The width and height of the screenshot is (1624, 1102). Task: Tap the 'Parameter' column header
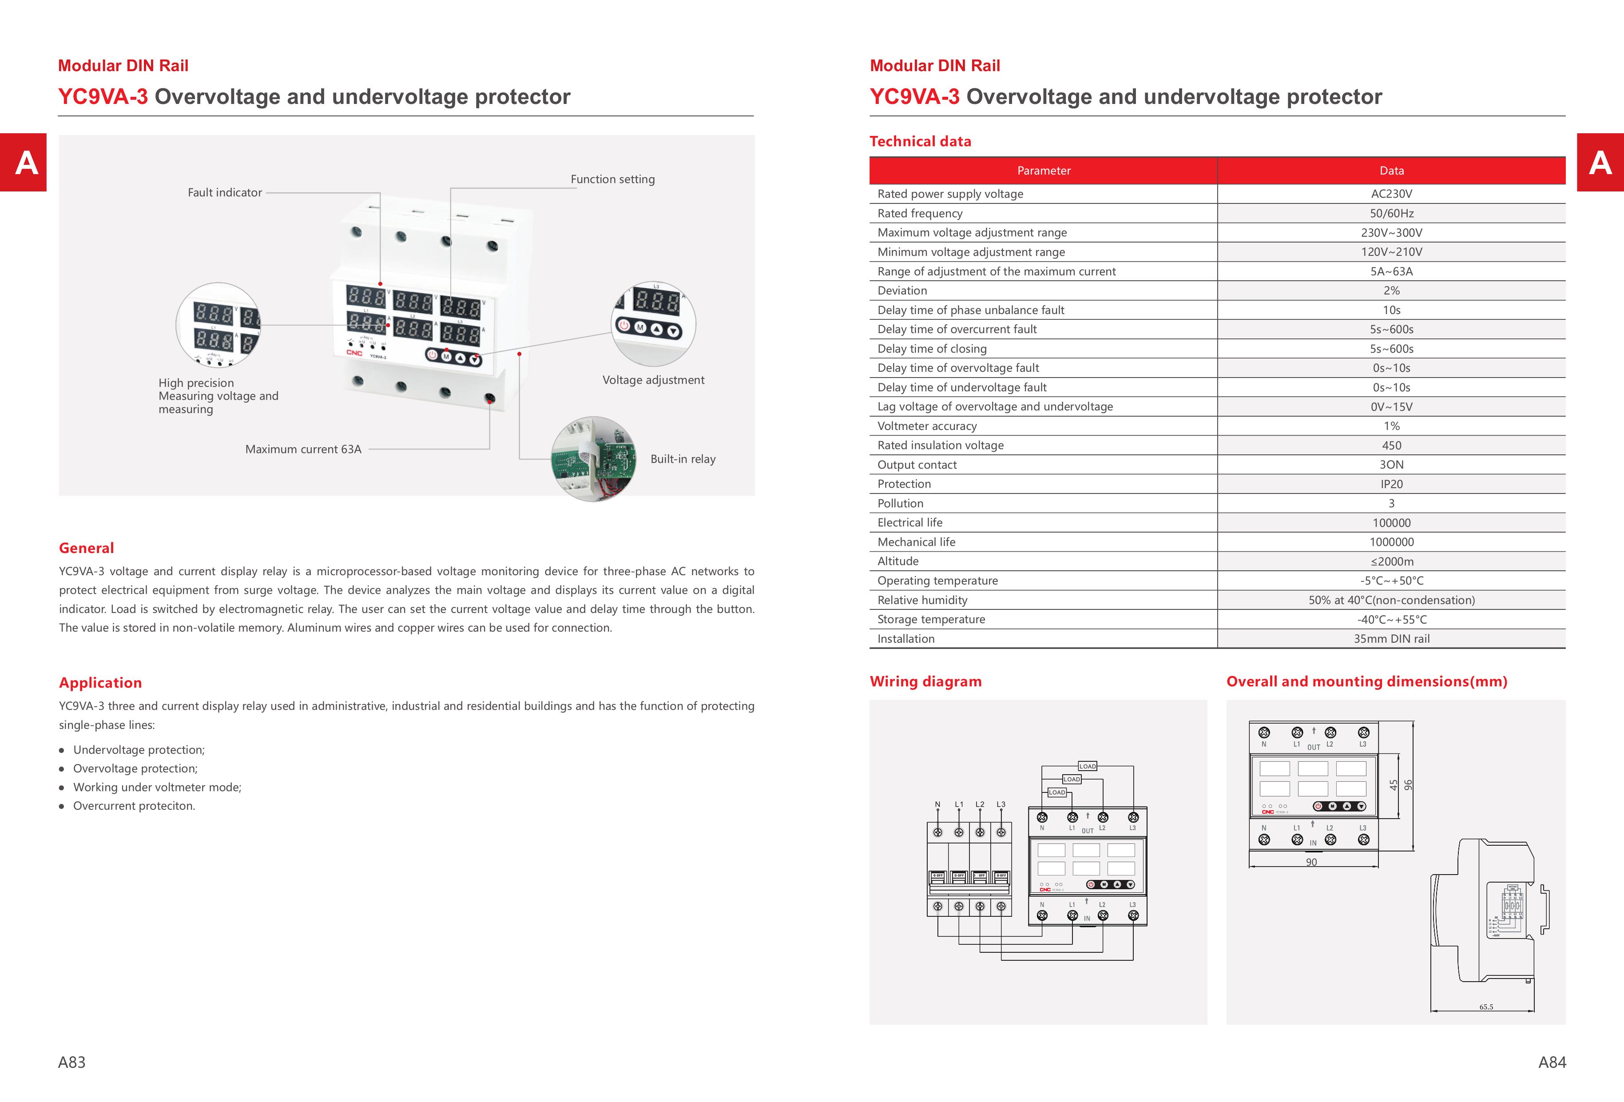(x=1043, y=171)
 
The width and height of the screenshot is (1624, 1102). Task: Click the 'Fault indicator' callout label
(x=224, y=193)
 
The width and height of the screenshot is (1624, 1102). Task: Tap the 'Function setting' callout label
(x=612, y=179)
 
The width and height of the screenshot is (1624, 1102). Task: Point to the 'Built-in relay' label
(x=682, y=459)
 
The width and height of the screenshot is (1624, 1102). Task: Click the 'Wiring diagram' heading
(x=925, y=682)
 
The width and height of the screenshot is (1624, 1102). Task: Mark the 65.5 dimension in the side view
(x=1485, y=1007)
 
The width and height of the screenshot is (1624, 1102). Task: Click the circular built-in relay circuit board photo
(x=593, y=459)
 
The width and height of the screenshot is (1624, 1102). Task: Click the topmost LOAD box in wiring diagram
(x=1087, y=766)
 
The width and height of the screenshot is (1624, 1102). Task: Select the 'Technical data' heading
(x=920, y=142)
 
